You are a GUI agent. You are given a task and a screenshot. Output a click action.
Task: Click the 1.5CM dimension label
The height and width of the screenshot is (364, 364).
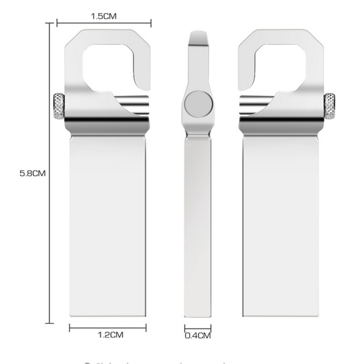click(104, 16)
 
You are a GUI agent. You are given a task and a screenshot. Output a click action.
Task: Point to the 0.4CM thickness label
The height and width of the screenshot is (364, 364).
click(198, 336)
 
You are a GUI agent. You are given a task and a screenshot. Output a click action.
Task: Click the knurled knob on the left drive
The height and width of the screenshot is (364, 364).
click(58, 106)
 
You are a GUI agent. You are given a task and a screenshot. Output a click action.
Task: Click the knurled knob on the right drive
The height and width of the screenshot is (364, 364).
click(329, 106)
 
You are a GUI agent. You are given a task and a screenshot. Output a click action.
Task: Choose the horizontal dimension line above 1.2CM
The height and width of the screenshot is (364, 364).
click(108, 327)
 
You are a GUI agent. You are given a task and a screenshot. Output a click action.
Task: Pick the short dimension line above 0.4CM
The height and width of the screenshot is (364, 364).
click(198, 328)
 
